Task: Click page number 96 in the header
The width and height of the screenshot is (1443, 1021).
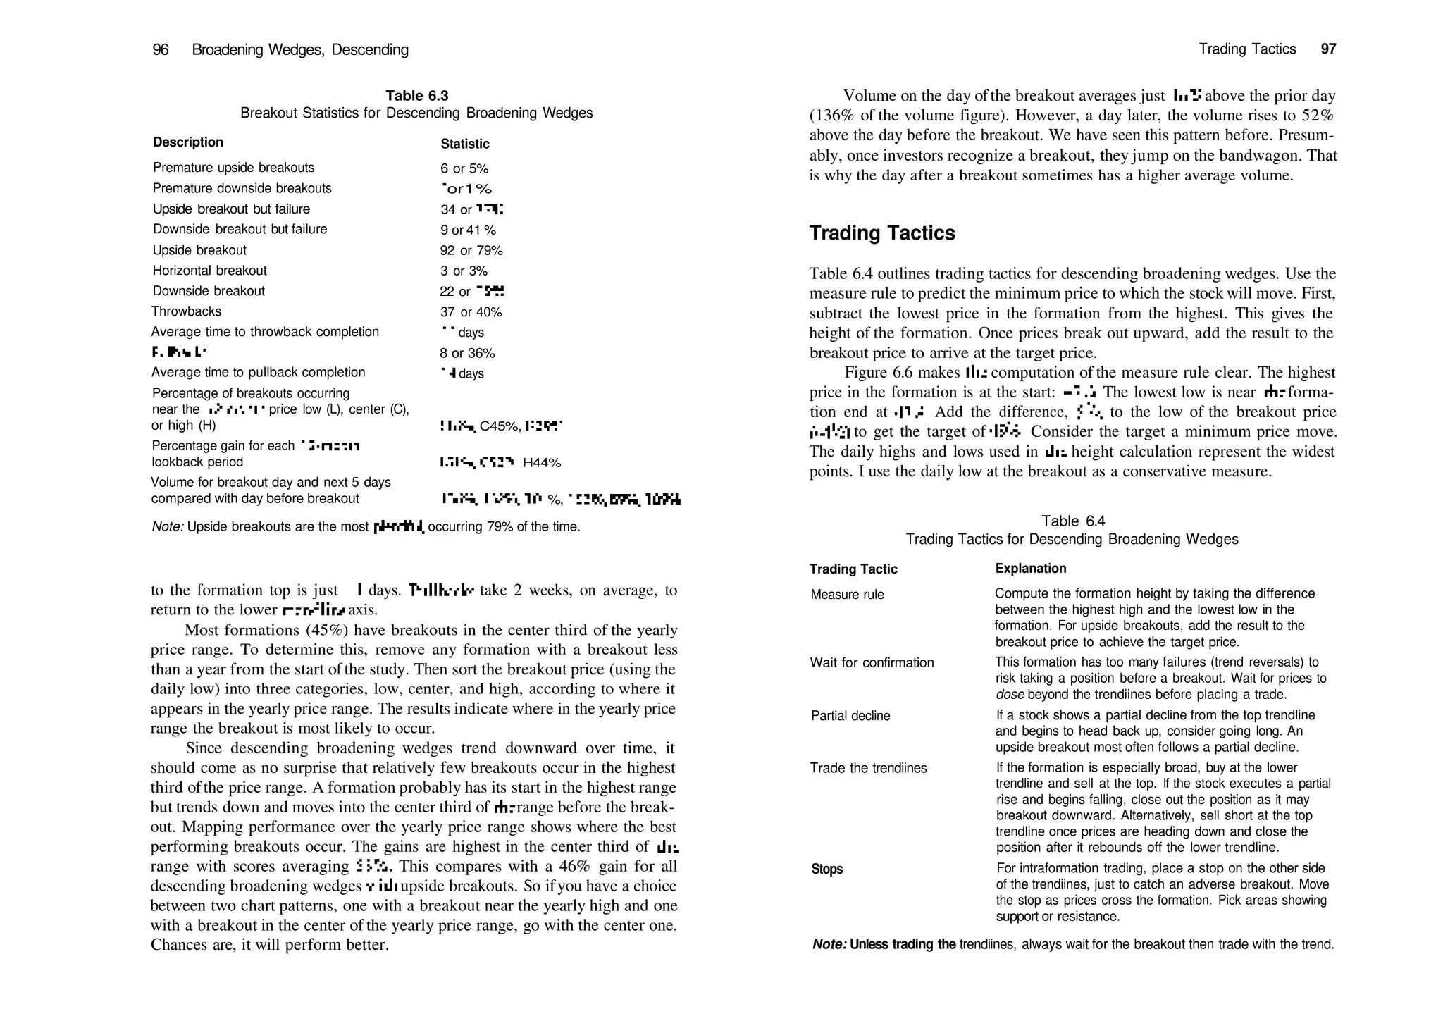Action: tap(161, 50)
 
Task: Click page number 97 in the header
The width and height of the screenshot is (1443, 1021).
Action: tap(1328, 49)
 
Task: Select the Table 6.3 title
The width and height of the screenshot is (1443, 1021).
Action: tap(416, 96)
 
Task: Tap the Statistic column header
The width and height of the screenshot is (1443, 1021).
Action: tap(465, 144)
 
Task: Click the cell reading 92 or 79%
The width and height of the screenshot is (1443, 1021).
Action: tap(471, 251)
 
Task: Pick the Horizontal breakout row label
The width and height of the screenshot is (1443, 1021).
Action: tap(209, 271)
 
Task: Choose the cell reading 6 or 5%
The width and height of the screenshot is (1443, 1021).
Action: tap(464, 169)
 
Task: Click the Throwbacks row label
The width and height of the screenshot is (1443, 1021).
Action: tap(186, 311)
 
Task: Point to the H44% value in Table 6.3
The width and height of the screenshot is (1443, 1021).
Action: tap(541, 463)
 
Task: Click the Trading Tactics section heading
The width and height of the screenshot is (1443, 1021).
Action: tap(881, 233)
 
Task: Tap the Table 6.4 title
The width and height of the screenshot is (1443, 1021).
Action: tap(1073, 521)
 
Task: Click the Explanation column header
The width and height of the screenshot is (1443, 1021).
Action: tap(1030, 569)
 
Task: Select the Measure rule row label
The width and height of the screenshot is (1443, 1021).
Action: tap(847, 595)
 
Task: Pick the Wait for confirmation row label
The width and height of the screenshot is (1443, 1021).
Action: tap(872, 663)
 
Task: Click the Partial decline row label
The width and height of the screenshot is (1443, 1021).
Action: tap(850, 716)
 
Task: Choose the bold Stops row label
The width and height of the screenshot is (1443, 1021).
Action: tap(826, 870)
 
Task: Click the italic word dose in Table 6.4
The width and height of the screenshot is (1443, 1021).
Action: tap(1009, 695)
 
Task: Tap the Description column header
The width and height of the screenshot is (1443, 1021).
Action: tap(187, 142)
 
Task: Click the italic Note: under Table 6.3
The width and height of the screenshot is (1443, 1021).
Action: tap(168, 527)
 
